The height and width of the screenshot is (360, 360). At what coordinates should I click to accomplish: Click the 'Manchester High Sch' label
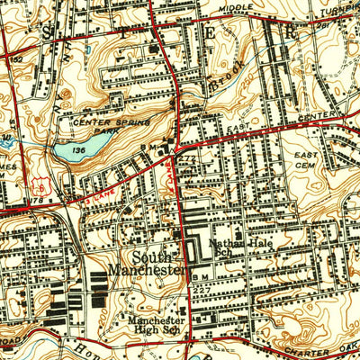click(x=156, y=325)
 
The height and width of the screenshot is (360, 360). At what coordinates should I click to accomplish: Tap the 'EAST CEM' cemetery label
click(x=306, y=160)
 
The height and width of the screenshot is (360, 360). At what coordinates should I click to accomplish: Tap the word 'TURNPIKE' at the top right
click(x=337, y=5)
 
